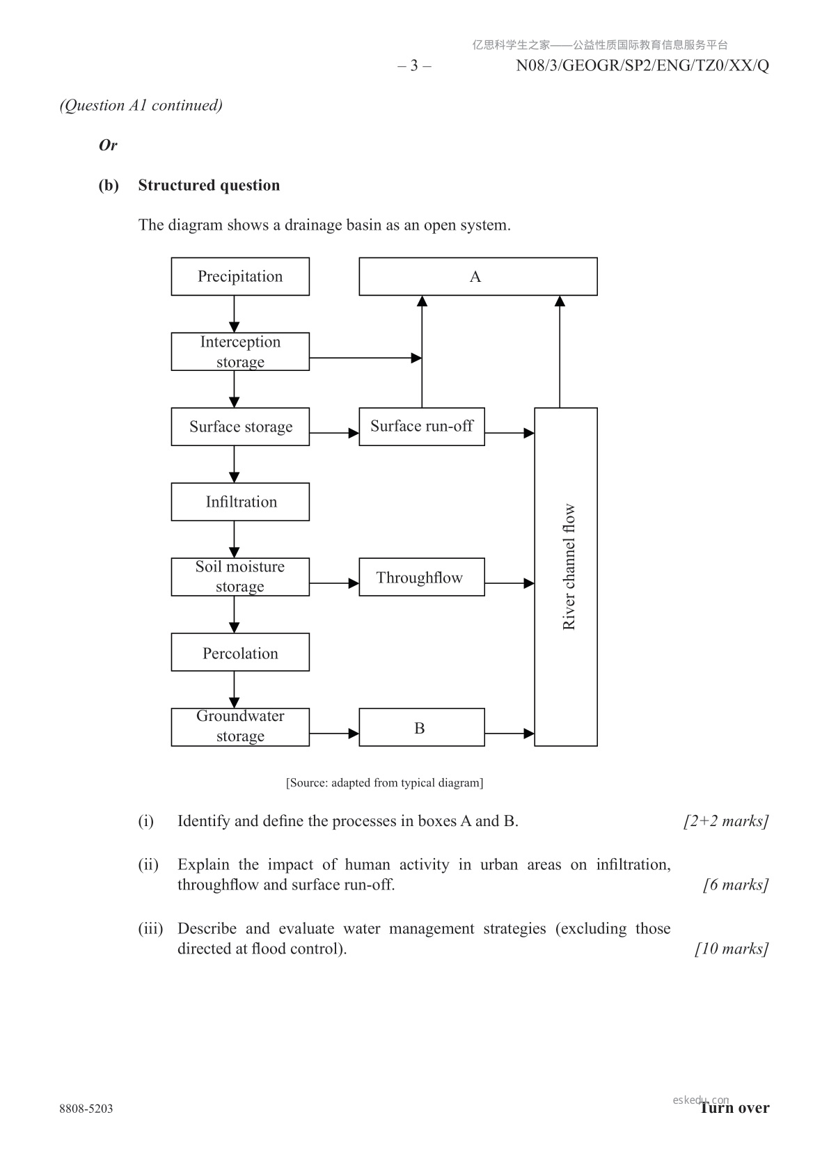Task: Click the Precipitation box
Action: point(240,276)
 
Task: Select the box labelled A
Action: point(477,276)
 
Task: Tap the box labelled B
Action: point(421,727)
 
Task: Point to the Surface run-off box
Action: point(421,426)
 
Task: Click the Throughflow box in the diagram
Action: point(421,577)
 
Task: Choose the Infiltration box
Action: point(240,502)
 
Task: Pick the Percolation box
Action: point(240,652)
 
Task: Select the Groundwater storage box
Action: point(240,727)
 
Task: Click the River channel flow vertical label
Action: point(569,567)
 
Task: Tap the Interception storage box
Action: point(240,351)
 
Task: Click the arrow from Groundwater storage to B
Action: point(334,733)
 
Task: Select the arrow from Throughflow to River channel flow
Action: point(509,583)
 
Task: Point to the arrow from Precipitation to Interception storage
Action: point(234,314)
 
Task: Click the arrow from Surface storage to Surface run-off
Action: point(334,433)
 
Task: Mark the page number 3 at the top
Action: point(414,65)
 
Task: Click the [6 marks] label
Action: point(736,885)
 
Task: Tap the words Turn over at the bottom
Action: point(735,1108)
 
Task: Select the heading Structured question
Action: point(209,185)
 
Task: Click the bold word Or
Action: point(108,145)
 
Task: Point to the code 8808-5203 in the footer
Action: point(86,1109)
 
